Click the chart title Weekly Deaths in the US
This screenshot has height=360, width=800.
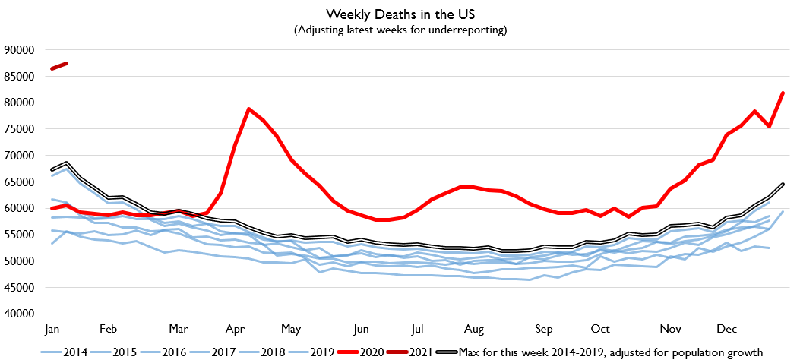tap(400, 14)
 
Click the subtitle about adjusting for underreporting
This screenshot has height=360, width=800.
tap(400, 30)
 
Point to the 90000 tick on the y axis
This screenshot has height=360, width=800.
tap(21, 50)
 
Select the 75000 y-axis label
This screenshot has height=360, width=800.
tap(21, 129)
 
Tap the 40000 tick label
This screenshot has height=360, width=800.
tap(21, 314)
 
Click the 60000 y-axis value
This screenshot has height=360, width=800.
tap(21, 208)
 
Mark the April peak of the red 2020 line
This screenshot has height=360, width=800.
tap(249, 109)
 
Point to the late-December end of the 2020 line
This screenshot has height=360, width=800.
tap(783, 93)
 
